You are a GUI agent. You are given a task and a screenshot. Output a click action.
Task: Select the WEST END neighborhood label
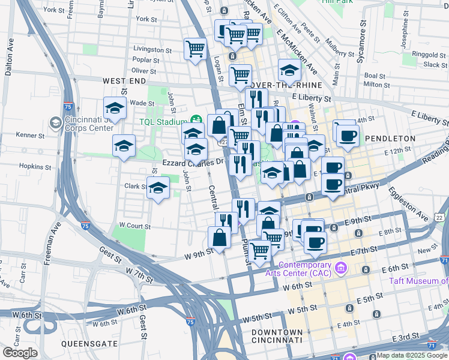(124, 80)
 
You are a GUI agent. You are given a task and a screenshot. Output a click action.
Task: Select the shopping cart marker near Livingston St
(195, 49)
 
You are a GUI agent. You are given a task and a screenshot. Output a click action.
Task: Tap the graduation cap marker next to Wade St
(115, 108)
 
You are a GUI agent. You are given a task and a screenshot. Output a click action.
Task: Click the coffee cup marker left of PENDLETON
(347, 135)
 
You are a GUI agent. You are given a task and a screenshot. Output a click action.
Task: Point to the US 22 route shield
(441, 217)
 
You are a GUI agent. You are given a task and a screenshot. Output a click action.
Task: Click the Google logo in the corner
(20, 353)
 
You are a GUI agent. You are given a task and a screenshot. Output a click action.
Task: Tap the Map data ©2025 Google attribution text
(412, 355)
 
